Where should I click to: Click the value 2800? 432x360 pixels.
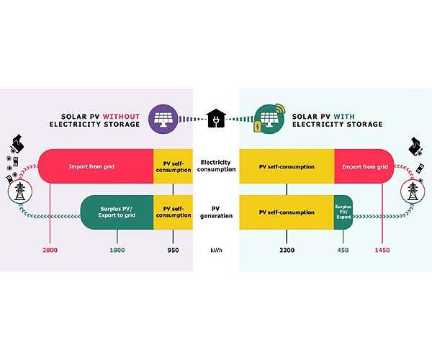[x=50, y=250]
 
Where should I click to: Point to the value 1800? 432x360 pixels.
[x=117, y=250]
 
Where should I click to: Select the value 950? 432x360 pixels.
[x=174, y=250]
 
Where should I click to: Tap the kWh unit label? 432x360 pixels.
[x=216, y=250]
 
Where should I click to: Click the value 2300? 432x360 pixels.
[x=287, y=250]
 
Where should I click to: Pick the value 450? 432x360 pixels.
[x=343, y=250]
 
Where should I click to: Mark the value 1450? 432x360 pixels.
[x=382, y=250]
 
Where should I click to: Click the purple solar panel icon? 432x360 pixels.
[x=163, y=119]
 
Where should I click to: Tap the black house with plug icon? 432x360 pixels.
[x=216, y=118]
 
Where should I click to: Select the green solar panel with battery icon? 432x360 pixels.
[x=269, y=119]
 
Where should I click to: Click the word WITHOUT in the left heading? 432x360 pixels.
[x=121, y=117]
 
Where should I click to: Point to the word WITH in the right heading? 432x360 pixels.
[x=344, y=117]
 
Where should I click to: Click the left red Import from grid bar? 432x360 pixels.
[x=96, y=166]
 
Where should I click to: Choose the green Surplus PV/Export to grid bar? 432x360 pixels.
[x=117, y=212]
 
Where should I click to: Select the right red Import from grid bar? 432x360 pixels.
[x=364, y=166]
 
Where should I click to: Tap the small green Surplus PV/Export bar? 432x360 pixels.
[x=343, y=212]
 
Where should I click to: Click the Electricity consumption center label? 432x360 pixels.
[x=216, y=166]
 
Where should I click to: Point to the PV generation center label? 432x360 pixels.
[x=216, y=212]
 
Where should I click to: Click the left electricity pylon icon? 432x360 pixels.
[x=20, y=192]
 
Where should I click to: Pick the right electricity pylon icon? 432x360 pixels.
[x=413, y=192]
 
